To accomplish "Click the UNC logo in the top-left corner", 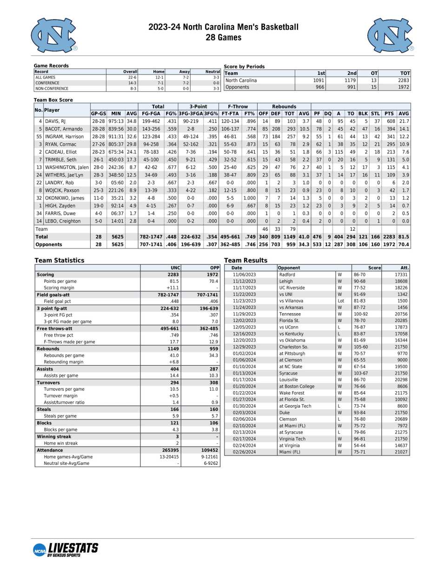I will [54, 35].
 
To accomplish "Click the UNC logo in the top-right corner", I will [390, 35].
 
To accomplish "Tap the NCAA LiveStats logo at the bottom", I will [66, 549].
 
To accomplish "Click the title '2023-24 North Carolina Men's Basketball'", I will [223, 27].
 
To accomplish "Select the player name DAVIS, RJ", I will [55, 121].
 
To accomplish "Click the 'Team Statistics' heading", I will [60, 261].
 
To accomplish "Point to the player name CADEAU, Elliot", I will [61, 152].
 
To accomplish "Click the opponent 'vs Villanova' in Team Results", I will [291, 301].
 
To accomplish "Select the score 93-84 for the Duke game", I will [359, 413].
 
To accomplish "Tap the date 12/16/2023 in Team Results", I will [244, 334].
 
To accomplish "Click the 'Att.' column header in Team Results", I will [405, 268].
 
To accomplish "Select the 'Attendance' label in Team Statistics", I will [50, 450].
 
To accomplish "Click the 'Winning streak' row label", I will [54, 437].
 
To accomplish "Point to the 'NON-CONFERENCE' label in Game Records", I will [52, 88].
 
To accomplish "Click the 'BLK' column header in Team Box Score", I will [363, 114].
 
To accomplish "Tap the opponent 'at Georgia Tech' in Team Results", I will [295, 406].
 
